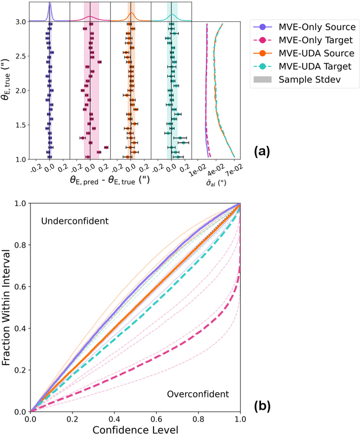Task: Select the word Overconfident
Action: pos(194,394)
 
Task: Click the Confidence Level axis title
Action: pos(136,429)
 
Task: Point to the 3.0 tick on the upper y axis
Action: pos(21,22)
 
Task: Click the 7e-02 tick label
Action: pos(235,168)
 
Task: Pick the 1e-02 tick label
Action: pos(201,168)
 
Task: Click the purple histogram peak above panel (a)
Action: pos(49,5)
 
